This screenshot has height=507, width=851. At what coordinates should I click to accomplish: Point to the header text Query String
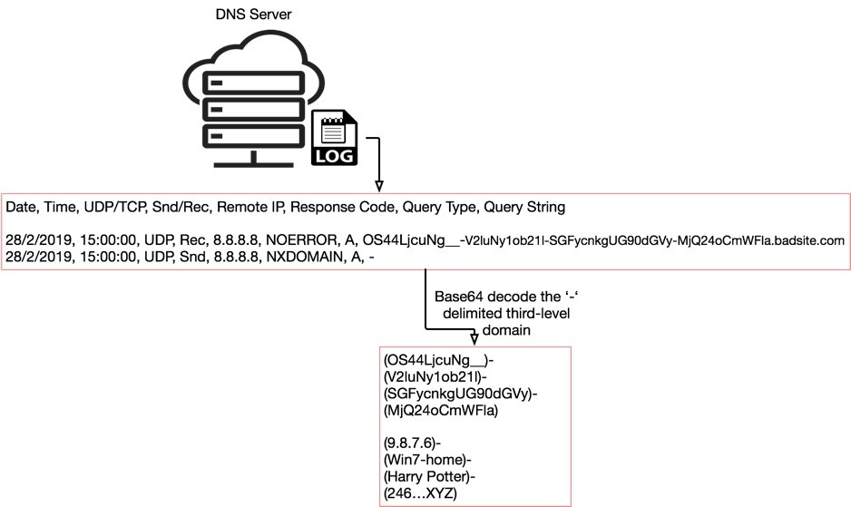[x=524, y=208]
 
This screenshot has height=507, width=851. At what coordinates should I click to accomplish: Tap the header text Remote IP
[x=245, y=208]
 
